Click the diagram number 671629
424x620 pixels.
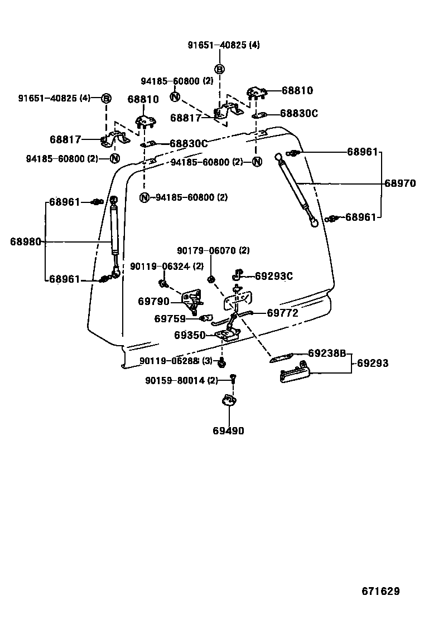[379, 591]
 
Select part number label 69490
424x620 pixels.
[228, 430]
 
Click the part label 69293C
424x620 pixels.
[274, 276]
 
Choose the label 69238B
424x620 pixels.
[327, 353]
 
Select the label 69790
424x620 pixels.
[153, 301]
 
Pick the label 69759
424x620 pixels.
[170, 319]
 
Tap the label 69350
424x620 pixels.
[190, 335]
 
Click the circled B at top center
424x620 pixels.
[220, 69]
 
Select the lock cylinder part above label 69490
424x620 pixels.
[228, 400]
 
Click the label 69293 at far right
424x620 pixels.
[373, 364]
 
